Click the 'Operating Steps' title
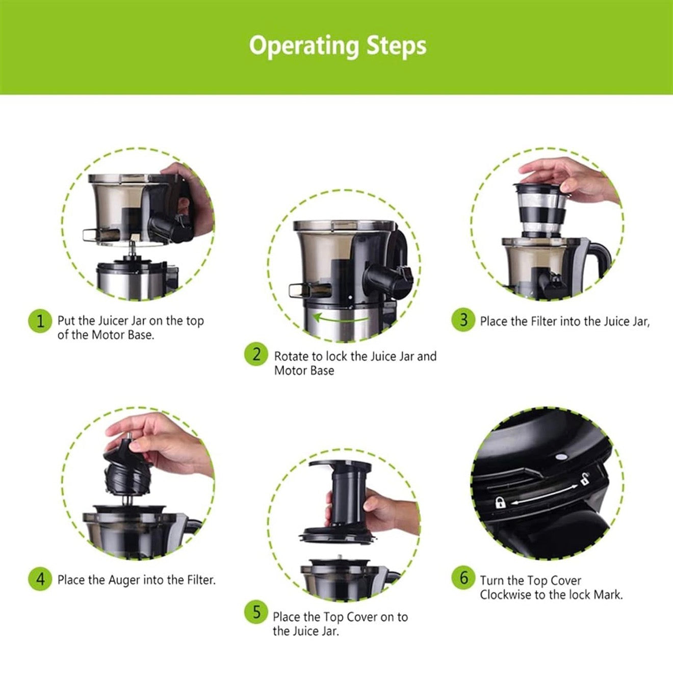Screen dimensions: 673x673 (x=338, y=46)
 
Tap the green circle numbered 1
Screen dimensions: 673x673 (x=40, y=321)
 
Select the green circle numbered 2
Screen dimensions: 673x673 (x=256, y=354)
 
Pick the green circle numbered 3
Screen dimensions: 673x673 (x=463, y=320)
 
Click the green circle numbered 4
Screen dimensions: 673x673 (x=40, y=579)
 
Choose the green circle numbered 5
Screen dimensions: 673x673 (x=256, y=612)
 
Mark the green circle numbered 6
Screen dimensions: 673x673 (x=463, y=578)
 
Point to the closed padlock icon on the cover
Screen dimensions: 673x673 (x=501, y=503)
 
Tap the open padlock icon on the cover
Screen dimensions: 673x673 (x=584, y=479)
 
